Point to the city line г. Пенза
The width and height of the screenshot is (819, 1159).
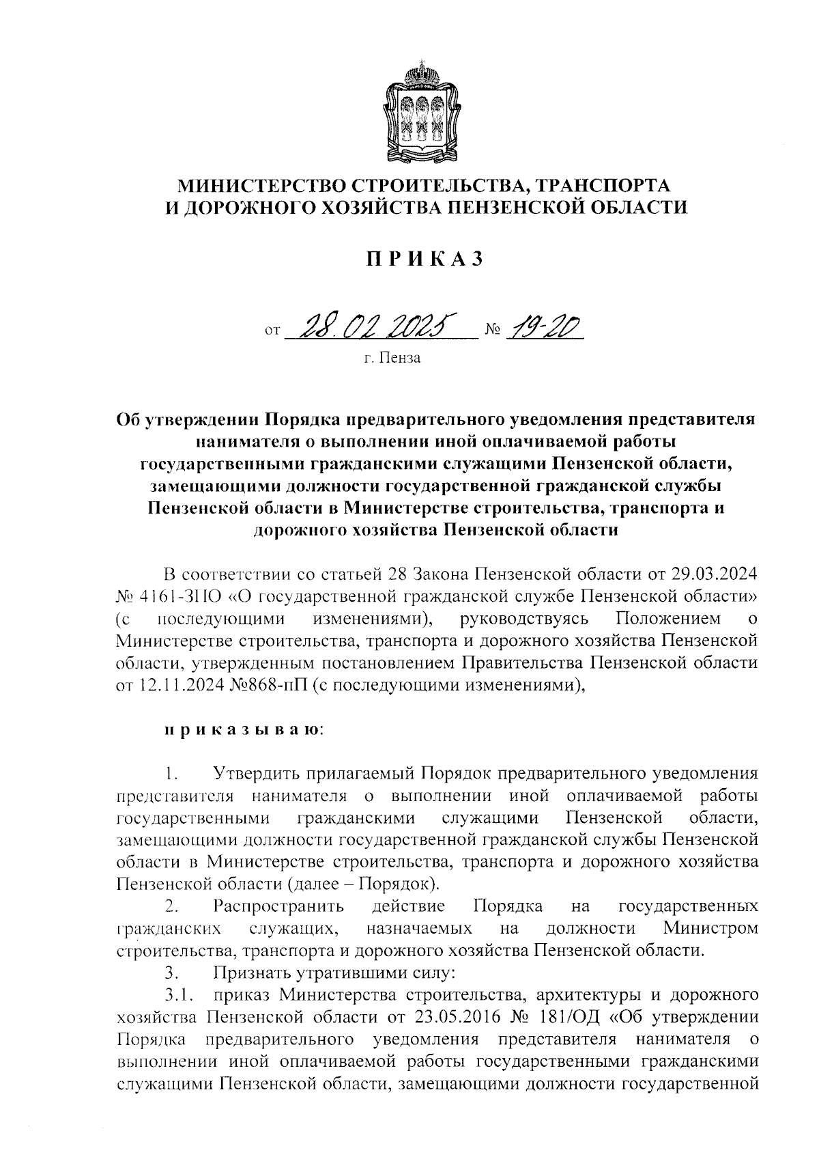tap(392, 358)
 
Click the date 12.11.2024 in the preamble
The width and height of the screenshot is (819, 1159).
tap(173, 685)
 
